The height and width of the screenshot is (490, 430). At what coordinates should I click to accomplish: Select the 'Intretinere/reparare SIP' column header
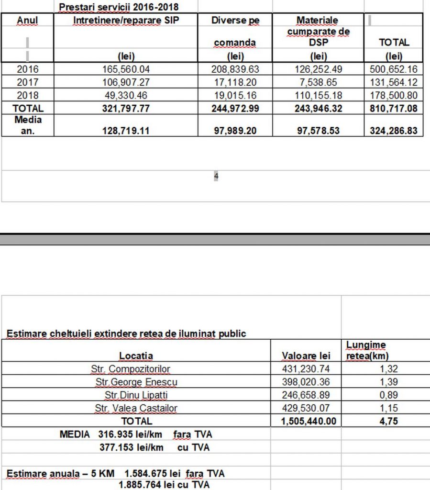click(x=126, y=21)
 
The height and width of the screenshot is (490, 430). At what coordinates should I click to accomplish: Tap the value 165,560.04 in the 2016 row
click(x=126, y=69)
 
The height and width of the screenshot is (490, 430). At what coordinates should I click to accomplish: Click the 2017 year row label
click(x=27, y=82)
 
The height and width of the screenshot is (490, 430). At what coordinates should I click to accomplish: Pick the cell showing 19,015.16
click(x=235, y=95)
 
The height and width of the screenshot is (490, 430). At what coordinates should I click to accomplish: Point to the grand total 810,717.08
click(x=393, y=109)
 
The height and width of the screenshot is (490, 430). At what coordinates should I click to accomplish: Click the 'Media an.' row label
click(x=27, y=125)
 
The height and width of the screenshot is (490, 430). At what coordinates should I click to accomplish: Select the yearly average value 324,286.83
click(x=393, y=130)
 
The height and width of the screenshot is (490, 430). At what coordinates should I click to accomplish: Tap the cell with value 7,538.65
click(x=318, y=82)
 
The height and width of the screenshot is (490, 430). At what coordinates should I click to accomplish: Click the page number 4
click(x=216, y=177)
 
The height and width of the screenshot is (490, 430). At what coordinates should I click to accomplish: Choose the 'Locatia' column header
click(x=136, y=356)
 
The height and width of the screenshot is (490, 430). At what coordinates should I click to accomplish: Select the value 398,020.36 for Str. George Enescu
click(x=306, y=382)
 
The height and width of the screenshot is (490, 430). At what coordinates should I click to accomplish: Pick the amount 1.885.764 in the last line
click(x=139, y=485)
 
